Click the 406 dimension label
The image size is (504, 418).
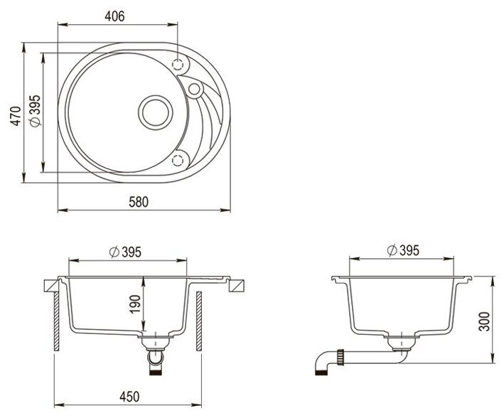[x=114, y=16]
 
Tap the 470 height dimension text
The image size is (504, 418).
[x=16, y=116]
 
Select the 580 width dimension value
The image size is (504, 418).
[x=139, y=202]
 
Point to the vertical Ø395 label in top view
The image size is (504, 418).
[x=35, y=111]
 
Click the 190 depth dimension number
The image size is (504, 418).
[x=135, y=304]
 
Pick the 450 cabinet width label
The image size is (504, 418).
[x=129, y=397]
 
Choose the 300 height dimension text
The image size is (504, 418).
[x=484, y=321]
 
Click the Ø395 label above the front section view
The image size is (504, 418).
[x=125, y=252]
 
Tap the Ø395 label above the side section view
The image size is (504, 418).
[x=403, y=250]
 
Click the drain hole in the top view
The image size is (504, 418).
[x=156, y=112]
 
